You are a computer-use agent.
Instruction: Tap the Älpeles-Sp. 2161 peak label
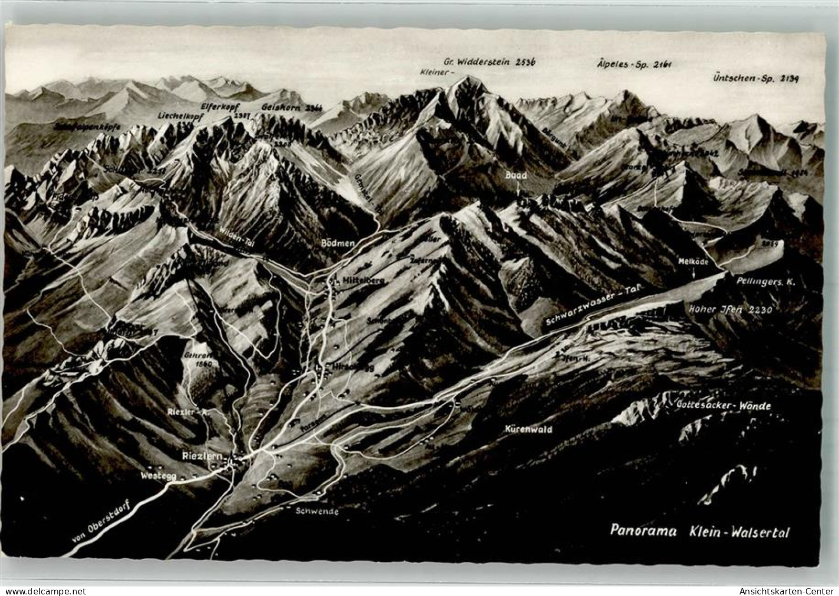pyautogui.click(x=635, y=64)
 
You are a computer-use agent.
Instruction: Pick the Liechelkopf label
pyautogui.click(x=180, y=116)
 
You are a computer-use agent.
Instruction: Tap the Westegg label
pyautogui.click(x=156, y=475)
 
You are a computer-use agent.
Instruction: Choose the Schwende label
pyautogui.click(x=317, y=511)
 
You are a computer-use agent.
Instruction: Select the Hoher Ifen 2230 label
pyautogui.click(x=730, y=310)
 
